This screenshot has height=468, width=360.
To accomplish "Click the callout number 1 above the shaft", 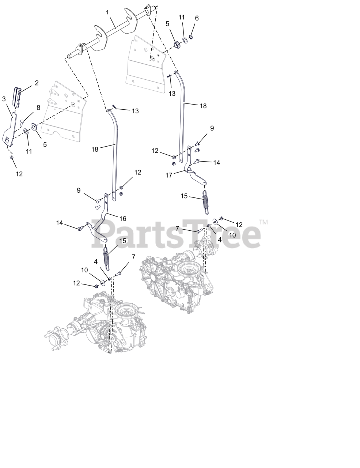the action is (107, 12).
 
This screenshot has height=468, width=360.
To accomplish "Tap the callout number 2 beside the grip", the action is (37, 83).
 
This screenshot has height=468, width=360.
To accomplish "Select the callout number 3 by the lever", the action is (4, 99).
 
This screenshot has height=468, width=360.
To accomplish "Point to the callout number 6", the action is (197, 18).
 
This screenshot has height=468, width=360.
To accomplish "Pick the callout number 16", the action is (123, 219).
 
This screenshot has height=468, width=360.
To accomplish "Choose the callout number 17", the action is (168, 175).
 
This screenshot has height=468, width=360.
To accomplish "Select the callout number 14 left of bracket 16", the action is (60, 223).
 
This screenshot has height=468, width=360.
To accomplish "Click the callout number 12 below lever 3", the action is (19, 174).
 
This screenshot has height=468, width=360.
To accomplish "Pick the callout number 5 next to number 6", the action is (167, 24).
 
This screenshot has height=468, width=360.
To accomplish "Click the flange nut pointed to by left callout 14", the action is (79, 229).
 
